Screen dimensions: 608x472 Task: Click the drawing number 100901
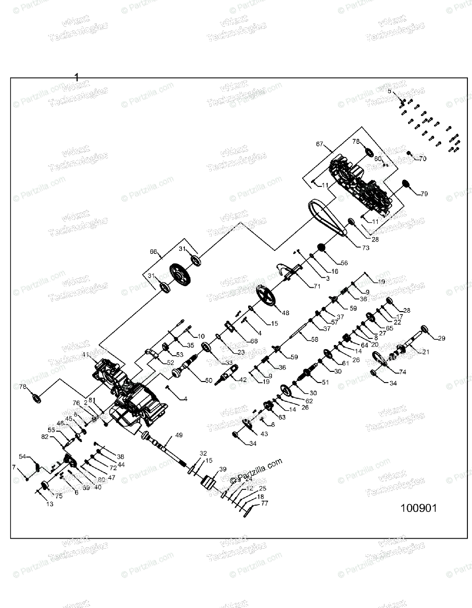coord(418,508)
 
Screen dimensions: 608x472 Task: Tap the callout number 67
coord(320,144)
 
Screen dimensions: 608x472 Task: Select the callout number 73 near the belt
coord(365,248)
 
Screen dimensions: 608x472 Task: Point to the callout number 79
coord(424,193)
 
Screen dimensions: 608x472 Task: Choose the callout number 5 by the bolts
coord(390,91)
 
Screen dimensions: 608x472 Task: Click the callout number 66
coord(154,251)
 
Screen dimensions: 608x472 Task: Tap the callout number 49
coord(179,435)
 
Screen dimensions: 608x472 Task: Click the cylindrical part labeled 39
coord(209,483)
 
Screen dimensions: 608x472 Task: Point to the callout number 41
coord(86,355)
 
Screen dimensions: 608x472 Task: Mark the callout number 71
coord(317,286)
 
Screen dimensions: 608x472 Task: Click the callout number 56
coord(344,263)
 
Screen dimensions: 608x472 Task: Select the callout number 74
coord(403,371)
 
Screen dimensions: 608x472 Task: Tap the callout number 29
coord(441,338)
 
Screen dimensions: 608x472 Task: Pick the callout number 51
coord(325,382)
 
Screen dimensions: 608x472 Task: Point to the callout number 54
coord(23,456)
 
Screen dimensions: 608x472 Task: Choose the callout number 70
coord(422,159)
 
